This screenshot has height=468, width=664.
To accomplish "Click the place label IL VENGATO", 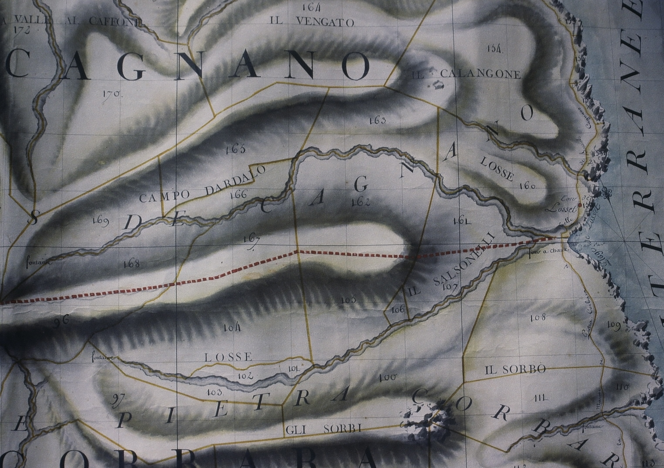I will [312, 22].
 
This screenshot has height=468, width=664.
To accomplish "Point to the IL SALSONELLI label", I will [451, 265].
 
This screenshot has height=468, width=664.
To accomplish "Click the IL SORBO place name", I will [515, 370].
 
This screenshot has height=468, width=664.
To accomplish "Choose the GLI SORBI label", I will [324, 429].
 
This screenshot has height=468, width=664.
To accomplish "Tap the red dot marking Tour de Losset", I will [580, 205].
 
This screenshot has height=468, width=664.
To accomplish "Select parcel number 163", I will [376, 120].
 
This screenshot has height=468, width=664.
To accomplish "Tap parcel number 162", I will [360, 202].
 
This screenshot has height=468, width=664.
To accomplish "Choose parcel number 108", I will [539, 318].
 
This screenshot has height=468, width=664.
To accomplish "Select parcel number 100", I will [386, 377].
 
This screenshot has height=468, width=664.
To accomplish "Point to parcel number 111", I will [540, 398].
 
